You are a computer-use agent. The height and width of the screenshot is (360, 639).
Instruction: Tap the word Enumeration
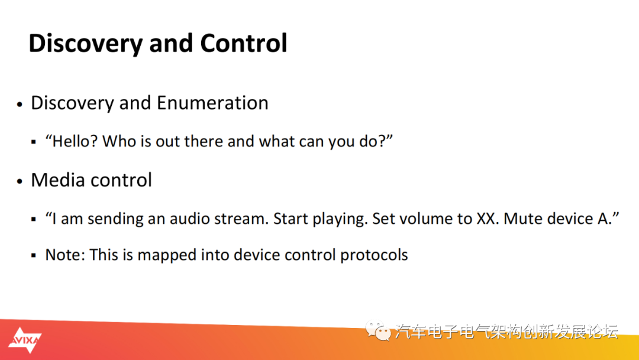(x=212, y=103)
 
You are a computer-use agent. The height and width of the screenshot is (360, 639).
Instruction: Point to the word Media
(x=56, y=180)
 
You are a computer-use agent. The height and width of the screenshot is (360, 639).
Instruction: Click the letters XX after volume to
(x=488, y=219)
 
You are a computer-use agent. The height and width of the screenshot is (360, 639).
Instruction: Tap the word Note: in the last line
(x=65, y=255)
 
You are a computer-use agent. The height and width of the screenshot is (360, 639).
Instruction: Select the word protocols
(x=374, y=255)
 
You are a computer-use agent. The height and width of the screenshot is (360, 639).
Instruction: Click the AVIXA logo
(x=24, y=340)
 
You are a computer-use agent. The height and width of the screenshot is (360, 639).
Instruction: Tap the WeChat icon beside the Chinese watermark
(x=377, y=330)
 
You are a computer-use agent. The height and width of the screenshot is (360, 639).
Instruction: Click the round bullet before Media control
(x=20, y=181)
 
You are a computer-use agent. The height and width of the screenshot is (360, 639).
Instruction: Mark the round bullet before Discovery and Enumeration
(x=20, y=104)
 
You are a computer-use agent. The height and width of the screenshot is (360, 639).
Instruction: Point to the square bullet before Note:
(x=33, y=256)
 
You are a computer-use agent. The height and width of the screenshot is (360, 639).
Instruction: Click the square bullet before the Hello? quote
(x=33, y=142)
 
